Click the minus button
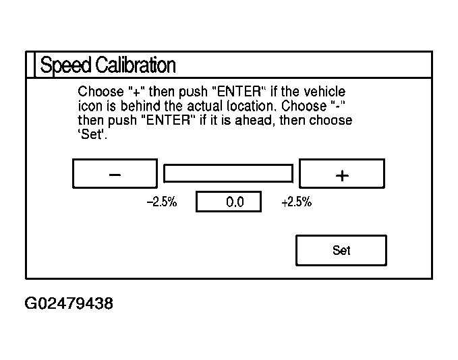coord(115,174)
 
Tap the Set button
coord(341,250)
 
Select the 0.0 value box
coord(229,202)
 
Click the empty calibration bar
coord(229,173)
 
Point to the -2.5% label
coord(162,202)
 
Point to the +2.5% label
coord(296,202)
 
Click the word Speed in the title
coord(65,65)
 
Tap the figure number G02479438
coord(69,304)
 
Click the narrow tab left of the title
coord(30,65)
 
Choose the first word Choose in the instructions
coord(96,91)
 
